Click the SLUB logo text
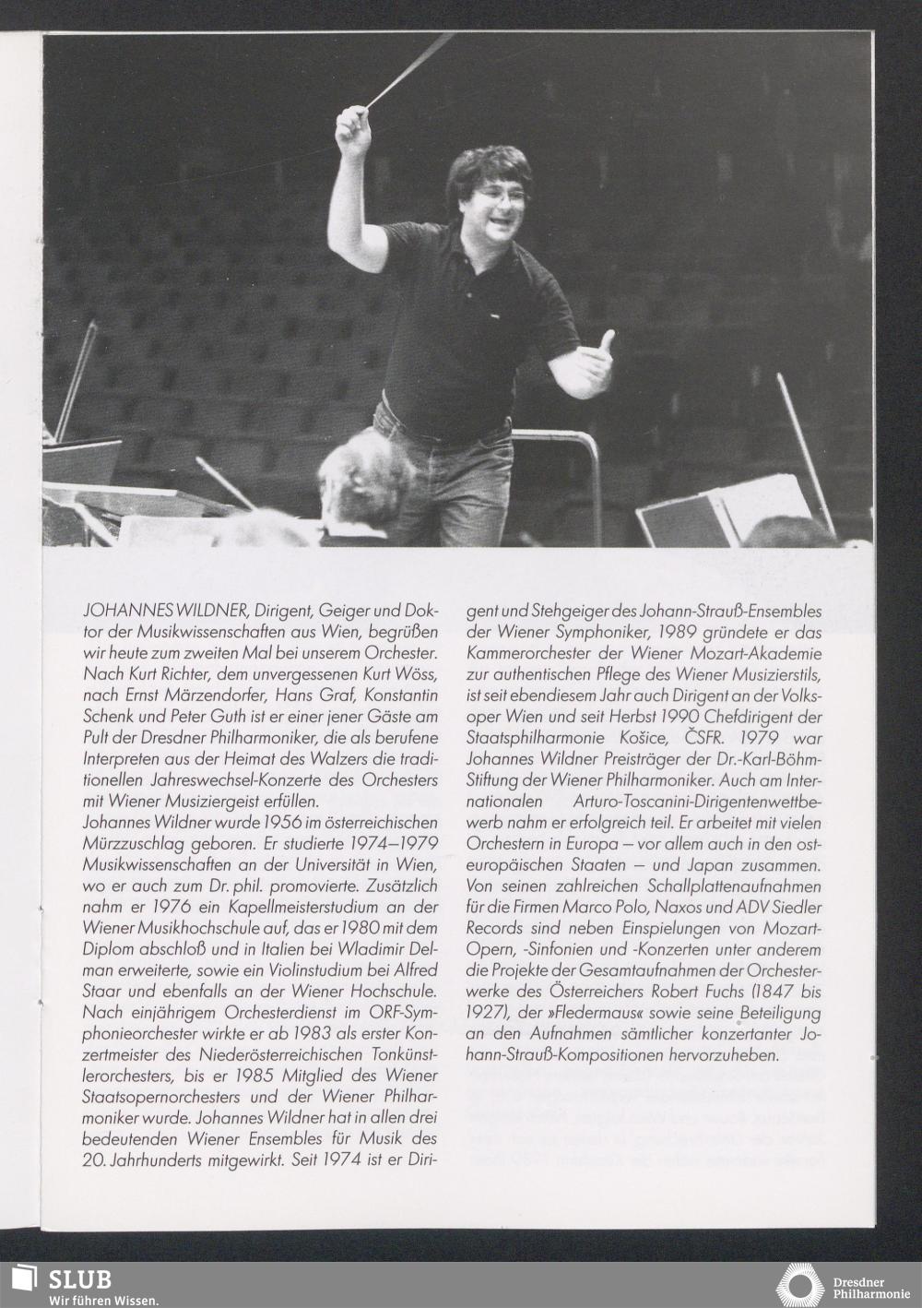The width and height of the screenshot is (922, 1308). [x=80, y=1279]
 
